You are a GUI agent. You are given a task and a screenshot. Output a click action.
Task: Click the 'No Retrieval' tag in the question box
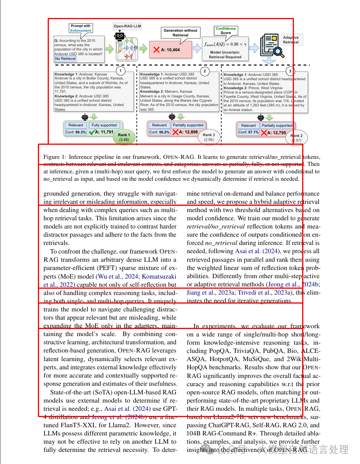(x=65, y=59)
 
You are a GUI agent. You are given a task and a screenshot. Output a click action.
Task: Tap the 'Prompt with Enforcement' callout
(x=81, y=28)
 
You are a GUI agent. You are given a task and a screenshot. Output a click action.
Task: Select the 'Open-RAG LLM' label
(x=127, y=27)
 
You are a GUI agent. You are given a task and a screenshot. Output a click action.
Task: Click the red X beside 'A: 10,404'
(x=156, y=50)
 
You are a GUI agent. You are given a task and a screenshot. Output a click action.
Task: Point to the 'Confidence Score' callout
(x=226, y=31)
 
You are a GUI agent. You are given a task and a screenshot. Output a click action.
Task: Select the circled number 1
(x=121, y=71)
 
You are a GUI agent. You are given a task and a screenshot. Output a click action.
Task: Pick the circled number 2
(x=204, y=71)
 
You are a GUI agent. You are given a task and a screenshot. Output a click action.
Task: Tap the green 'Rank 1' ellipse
(x=124, y=137)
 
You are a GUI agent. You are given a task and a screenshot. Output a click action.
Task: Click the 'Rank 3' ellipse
(x=209, y=137)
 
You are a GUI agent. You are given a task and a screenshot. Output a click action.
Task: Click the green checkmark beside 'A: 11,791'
(x=91, y=132)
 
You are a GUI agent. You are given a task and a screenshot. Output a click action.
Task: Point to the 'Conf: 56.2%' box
(x=159, y=132)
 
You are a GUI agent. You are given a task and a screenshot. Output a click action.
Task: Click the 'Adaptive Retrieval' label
(x=291, y=40)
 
